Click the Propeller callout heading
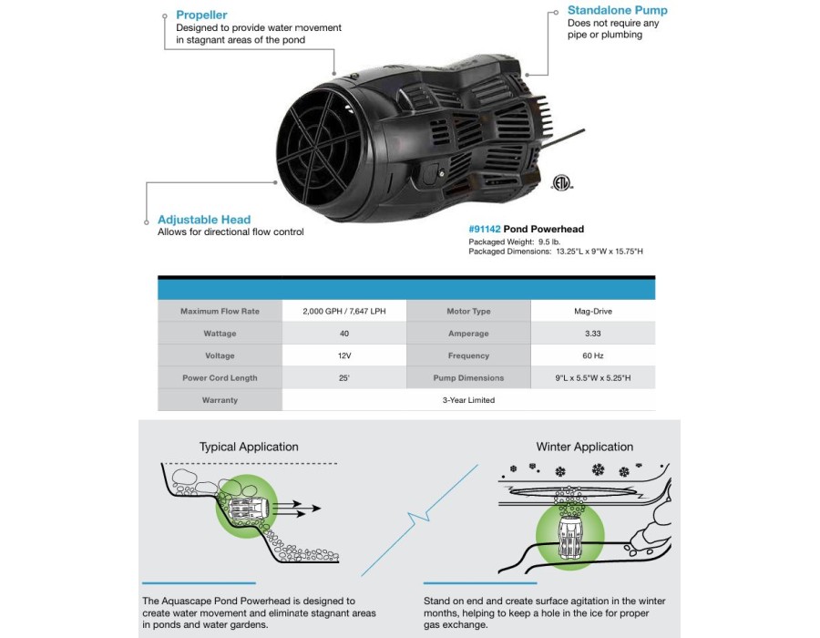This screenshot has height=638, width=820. [x=201, y=15]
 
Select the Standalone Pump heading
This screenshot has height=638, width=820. [x=617, y=10]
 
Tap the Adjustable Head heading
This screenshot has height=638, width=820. [x=204, y=220]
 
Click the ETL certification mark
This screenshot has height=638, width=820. [x=561, y=182]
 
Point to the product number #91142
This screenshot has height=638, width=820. [x=485, y=229]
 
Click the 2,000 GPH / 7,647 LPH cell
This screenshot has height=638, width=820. [x=344, y=311]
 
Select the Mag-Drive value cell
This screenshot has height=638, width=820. [x=592, y=311]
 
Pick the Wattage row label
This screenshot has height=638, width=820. [x=220, y=334]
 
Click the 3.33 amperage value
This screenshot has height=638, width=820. [x=592, y=334]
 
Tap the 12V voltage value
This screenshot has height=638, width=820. [x=344, y=355]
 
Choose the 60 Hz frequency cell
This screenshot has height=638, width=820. [x=592, y=355]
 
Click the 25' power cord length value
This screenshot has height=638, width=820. [x=343, y=378]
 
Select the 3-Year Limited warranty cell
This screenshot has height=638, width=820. [x=468, y=400]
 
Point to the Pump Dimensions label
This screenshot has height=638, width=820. [x=468, y=378]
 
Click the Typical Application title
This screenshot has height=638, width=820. [x=249, y=448]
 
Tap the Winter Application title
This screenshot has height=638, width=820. [x=585, y=448]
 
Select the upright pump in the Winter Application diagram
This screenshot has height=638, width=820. [x=569, y=537]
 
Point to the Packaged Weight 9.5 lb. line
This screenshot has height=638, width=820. [x=514, y=242]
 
